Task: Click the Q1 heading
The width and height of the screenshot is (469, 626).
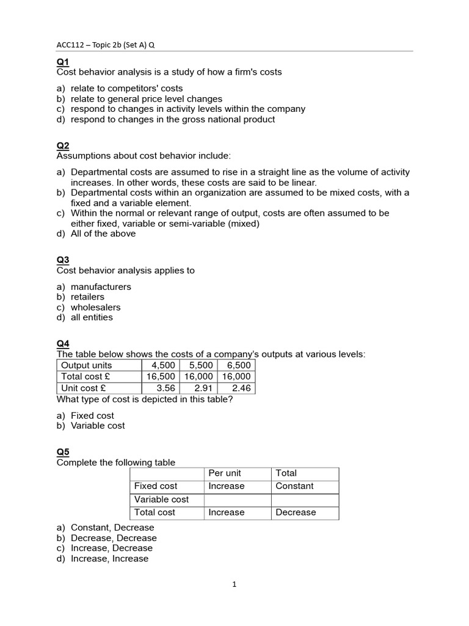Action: pos(64,62)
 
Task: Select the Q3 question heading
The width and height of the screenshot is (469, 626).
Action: pos(64,260)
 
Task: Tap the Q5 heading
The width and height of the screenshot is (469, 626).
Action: pos(64,452)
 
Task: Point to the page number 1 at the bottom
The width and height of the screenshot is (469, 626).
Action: pos(234,584)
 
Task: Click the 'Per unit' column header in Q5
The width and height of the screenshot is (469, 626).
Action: pos(225,473)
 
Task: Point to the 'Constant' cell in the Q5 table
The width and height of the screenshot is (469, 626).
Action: pos(294,486)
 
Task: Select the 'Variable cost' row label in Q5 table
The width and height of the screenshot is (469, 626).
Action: pos(161,499)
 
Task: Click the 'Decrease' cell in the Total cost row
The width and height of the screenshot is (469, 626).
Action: pos(296,512)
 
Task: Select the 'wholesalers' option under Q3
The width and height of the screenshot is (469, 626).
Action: pos(96,307)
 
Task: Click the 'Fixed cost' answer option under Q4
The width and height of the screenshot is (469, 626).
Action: pos(92,416)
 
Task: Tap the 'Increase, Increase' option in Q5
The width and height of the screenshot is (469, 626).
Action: pos(109,558)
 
